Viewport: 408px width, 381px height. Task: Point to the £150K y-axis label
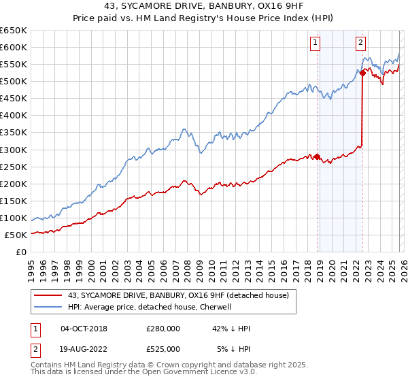[x=14, y=201]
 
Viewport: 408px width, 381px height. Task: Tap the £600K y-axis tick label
[x=14, y=47]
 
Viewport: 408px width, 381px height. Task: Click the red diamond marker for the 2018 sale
[x=318, y=156]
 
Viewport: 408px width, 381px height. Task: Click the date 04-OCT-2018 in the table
[x=84, y=329]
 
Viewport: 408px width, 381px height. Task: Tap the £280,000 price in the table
[x=163, y=329]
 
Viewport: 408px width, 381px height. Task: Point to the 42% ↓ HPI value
[x=231, y=329]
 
